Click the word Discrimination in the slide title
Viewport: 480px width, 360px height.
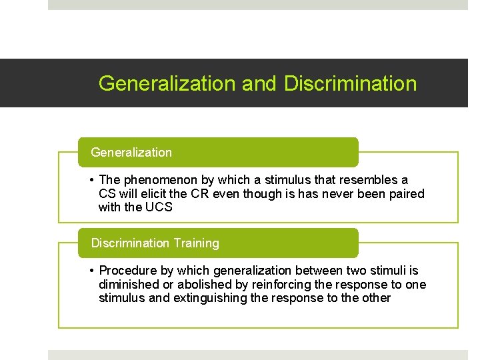pos(350,83)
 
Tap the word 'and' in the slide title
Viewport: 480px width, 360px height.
pos(259,83)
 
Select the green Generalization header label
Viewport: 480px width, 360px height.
pos(131,153)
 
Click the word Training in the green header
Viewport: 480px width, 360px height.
pos(196,243)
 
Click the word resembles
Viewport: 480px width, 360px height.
pos(367,180)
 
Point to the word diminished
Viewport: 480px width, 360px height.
pos(128,285)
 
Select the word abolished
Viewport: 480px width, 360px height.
pos(199,285)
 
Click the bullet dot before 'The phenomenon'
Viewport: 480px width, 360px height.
pos(91,180)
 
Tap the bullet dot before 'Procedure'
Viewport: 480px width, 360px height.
pos(91,271)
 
